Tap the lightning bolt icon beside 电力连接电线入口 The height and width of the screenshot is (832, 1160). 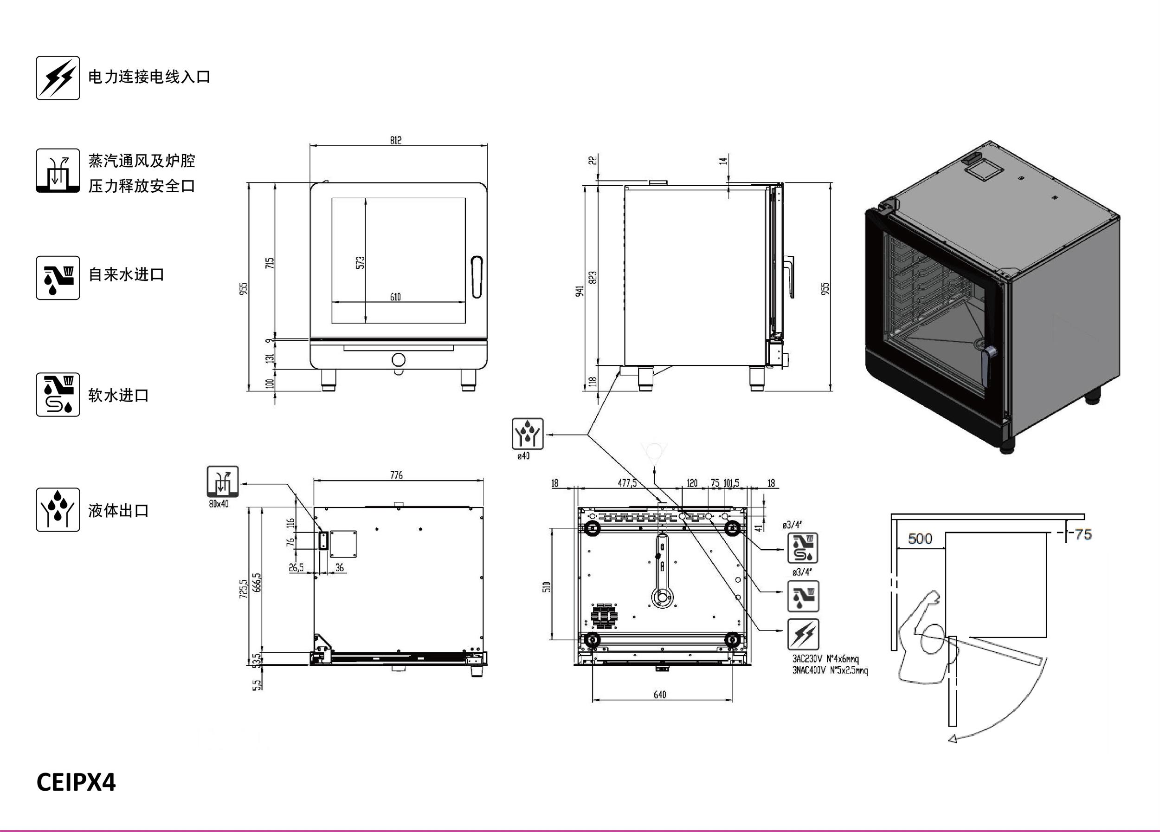tap(58, 78)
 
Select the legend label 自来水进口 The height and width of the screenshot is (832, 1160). tap(126, 275)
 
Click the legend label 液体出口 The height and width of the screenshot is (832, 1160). tap(119, 510)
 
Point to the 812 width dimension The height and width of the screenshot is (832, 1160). tap(395, 140)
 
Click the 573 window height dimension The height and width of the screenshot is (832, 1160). tap(361, 262)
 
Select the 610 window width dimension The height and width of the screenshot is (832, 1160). tap(395, 297)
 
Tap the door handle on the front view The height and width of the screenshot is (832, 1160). tap(477, 276)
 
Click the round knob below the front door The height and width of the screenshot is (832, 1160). tap(399, 359)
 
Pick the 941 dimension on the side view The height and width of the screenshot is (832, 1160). tap(579, 292)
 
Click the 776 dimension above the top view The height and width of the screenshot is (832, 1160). tap(396, 475)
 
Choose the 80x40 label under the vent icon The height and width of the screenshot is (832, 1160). tap(219, 504)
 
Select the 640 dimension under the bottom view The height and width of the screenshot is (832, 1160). tap(660, 695)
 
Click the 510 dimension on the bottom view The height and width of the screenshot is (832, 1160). tap(547, 587)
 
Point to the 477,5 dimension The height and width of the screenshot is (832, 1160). tap(627, 483)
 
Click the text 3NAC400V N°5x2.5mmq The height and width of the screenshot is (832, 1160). tap(830, 670)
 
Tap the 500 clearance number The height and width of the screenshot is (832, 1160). tap(920, 538)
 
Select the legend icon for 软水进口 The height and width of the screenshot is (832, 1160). tap(58, 395)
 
